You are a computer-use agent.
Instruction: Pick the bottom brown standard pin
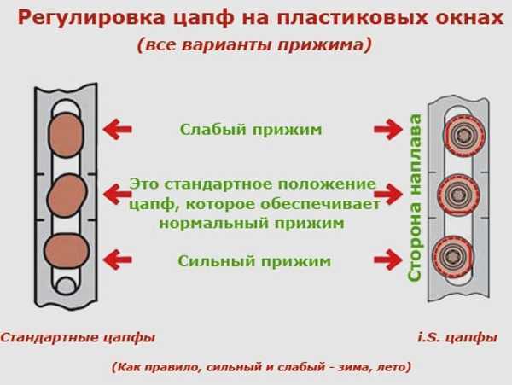click(67, 253)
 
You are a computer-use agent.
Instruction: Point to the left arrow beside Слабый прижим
click(118, 130)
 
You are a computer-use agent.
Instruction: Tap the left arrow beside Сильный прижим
click(118, 260)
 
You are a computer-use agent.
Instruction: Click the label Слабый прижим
click(250, 130)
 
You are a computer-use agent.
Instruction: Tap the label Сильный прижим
click(253, 260)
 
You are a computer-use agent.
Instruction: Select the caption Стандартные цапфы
click(78, 337)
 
